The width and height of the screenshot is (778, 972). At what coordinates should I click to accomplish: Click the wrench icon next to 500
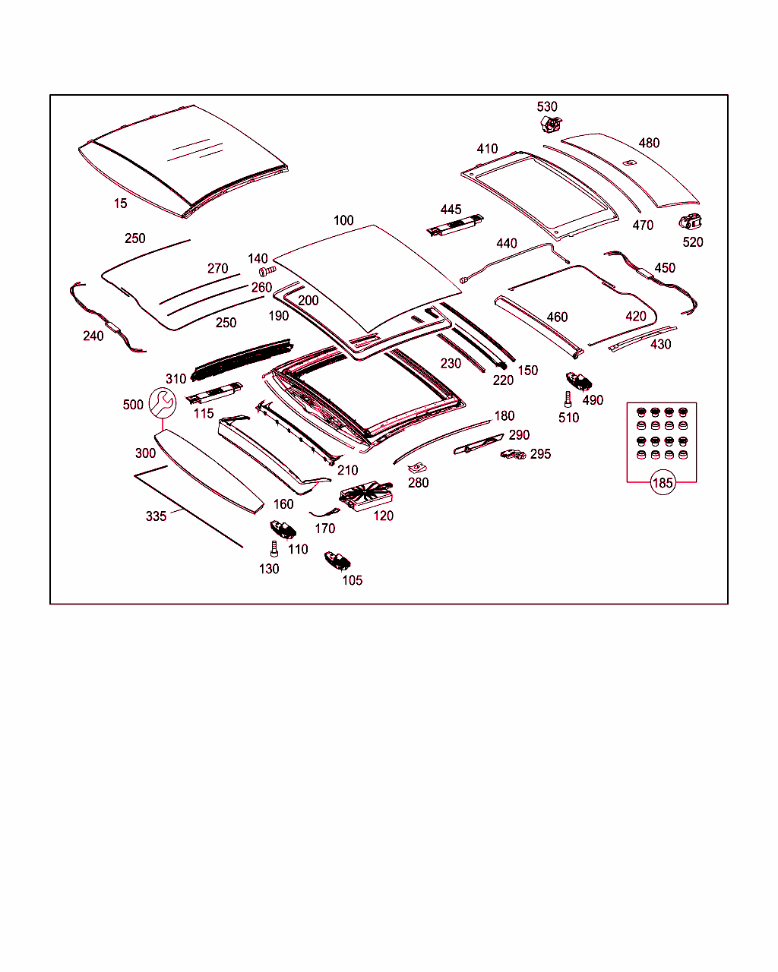click(x=162, y=402)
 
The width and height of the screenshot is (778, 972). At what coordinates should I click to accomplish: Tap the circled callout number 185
click(x=663, y=482)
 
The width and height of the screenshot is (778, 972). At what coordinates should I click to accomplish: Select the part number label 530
click(x=547, y=107)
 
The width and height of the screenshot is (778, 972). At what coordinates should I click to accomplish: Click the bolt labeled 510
click(x=567, y=399)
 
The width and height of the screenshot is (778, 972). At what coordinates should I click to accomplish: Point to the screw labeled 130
click(x=272, y=548)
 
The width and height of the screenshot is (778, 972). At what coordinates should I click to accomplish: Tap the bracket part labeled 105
click(x=337, y=561)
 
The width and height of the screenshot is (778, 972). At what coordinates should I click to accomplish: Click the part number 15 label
click(x=121, y=204)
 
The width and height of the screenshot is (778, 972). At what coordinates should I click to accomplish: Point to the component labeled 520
click(x=690, y=222)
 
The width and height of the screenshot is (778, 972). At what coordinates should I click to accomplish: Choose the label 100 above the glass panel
click(x=343, y=220)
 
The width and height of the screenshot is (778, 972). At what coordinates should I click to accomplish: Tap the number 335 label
click(x=156, y=516)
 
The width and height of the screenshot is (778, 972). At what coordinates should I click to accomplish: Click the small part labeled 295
click(x=513, y=454)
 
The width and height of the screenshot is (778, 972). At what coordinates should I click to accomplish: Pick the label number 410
click(x=487, y=149)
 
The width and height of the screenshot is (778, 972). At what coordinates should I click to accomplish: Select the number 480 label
click(x=649, y=143)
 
